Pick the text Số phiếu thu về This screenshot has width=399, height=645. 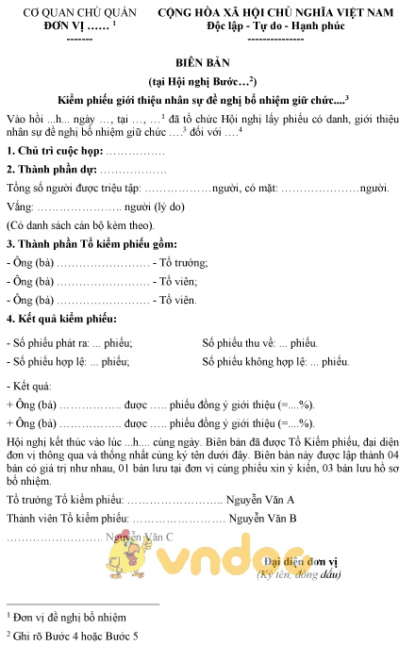240,342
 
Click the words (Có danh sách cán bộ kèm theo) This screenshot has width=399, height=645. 80,225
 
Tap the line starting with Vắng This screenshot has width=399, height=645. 94,207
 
